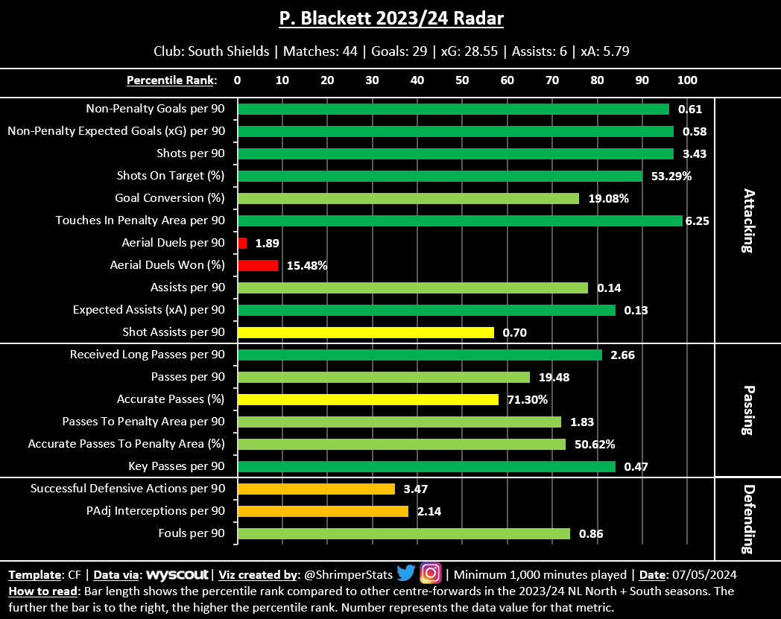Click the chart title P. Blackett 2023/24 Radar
coord(391,19)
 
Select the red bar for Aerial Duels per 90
coord(242,243)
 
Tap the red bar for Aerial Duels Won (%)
coord(258,265)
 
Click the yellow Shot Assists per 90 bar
coord(365,332)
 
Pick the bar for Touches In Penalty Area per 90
coord(460,220)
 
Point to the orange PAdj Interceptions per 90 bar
coord(323,511)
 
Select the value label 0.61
coord(690,109)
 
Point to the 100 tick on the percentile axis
coord(686,80)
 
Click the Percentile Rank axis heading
coord(171,80)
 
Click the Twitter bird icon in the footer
coord(405,574)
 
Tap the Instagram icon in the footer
coord(431,574)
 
